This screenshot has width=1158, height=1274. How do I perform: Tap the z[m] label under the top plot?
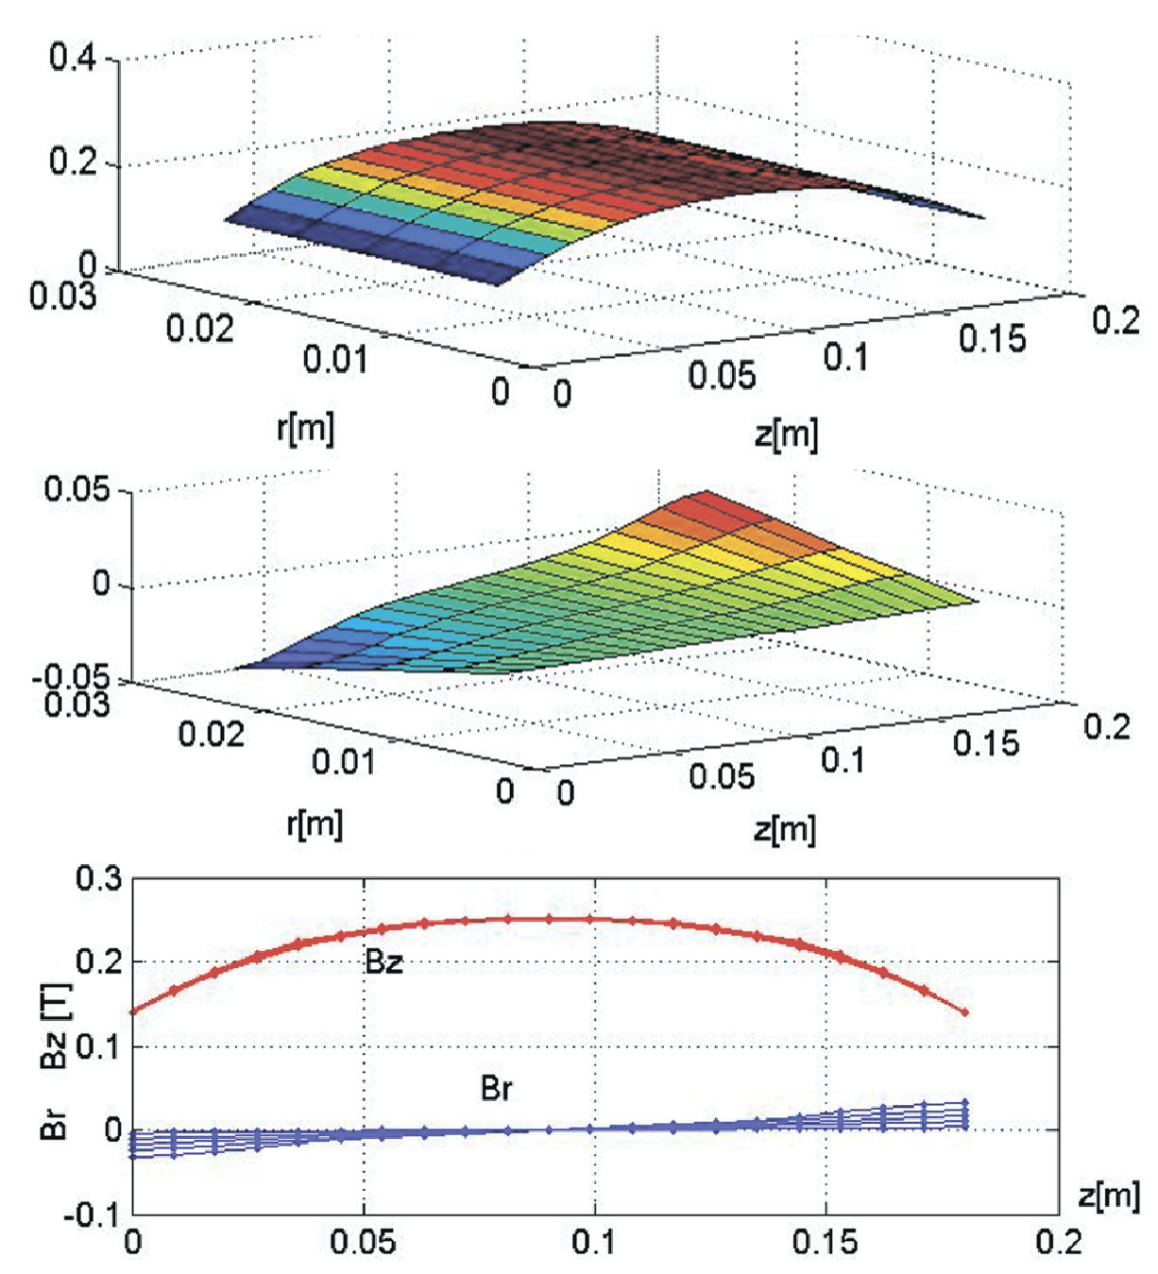[x=787, y=433]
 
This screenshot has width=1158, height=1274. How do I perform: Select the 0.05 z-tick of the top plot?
[x=722, y=375]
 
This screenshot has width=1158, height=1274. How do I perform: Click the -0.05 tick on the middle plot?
[x=73, y=677]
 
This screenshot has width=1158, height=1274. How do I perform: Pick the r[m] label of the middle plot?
[x=315, y=824]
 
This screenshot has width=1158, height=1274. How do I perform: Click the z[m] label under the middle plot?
[x=785, y=828]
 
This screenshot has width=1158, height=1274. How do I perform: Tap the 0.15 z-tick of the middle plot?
[x=986, y=743]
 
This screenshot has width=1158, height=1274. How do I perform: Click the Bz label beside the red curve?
[x=383, y=962]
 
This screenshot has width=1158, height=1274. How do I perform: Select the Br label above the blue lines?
[x=496, y=1089]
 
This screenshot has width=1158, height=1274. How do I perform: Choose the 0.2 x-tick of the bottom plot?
[x=1058, y=1242]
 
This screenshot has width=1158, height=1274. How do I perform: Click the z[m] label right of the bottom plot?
[x=1109, y=1196]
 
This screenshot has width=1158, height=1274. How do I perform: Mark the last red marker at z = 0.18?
[x=965, y=1012]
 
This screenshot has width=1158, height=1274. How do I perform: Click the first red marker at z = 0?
[x=133, y=1011]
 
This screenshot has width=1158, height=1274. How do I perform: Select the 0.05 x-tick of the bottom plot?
[x=364, y=1242]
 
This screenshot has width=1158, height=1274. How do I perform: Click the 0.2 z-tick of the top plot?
[x=1115, y=320]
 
